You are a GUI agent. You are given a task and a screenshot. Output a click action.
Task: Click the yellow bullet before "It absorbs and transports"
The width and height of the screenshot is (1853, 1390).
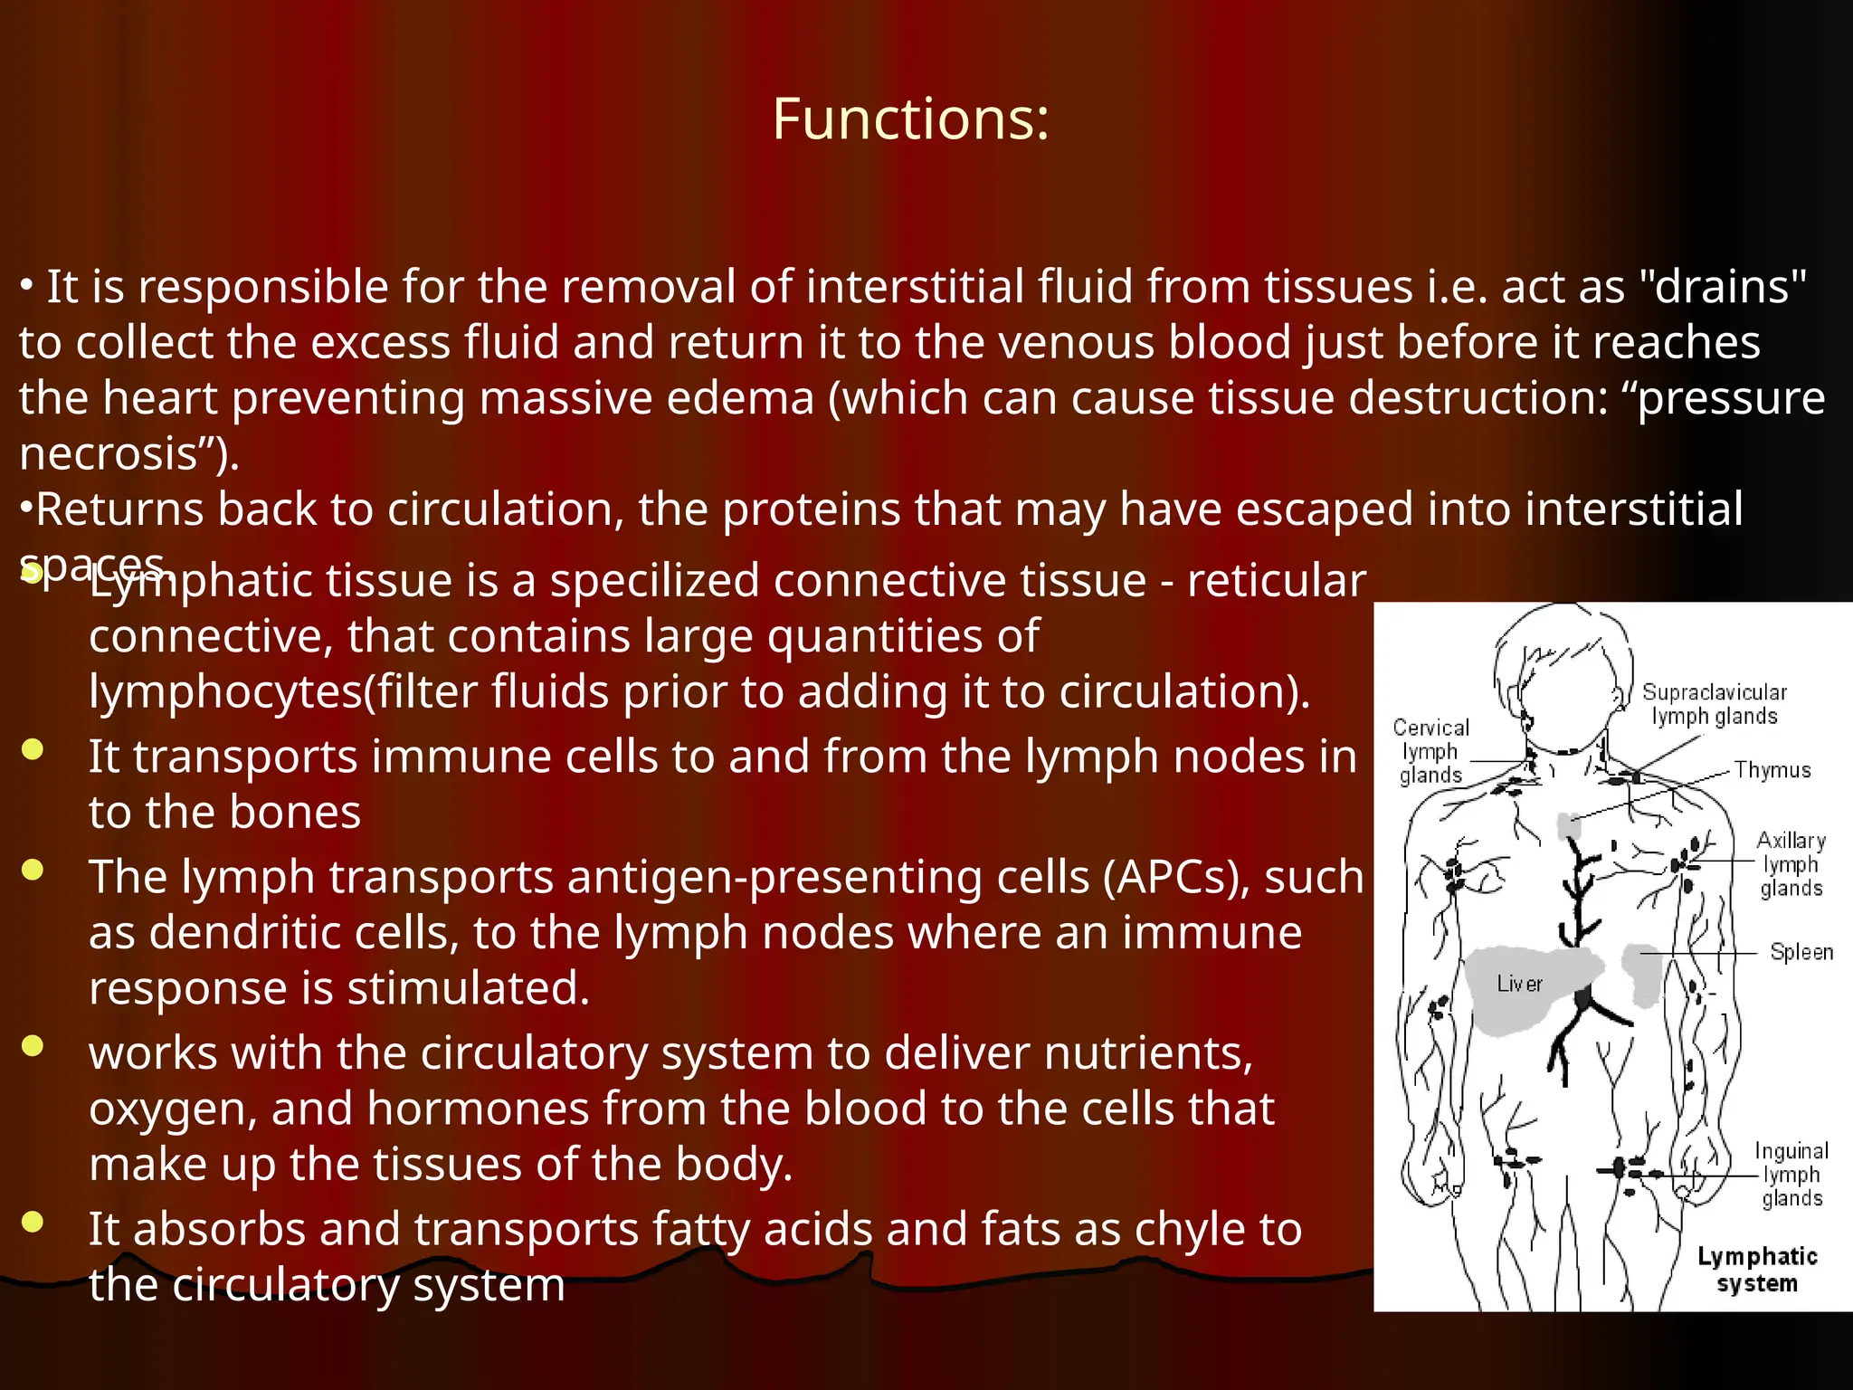point(33,1223)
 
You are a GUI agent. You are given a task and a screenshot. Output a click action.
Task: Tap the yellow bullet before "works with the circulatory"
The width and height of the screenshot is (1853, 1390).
point(33,1046)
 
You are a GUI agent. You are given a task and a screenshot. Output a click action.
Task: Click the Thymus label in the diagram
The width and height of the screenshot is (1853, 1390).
point(1772,770)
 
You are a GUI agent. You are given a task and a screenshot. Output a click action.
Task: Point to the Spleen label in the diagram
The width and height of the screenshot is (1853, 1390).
point(1801,952)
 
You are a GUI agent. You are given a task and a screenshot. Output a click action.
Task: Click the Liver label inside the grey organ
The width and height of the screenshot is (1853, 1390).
point(1519,984)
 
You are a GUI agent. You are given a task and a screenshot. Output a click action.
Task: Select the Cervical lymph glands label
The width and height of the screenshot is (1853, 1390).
point(1430,751)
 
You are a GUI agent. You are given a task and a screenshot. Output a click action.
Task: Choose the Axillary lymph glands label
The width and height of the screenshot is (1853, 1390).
point(1791,864)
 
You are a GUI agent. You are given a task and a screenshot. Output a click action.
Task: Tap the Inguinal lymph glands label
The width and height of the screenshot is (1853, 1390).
point(1791,1175)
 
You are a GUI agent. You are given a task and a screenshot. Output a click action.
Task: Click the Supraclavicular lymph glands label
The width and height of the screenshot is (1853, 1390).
point(1714,704)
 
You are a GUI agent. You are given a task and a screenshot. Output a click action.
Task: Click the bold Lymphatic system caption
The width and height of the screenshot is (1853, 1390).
point(1757,1270)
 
